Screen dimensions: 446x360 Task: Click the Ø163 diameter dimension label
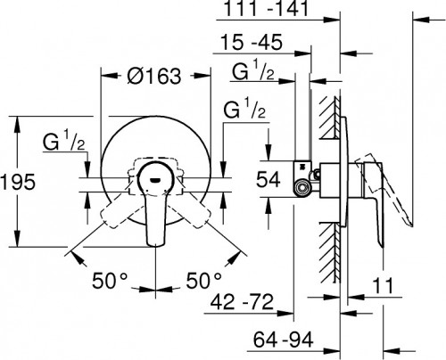153,77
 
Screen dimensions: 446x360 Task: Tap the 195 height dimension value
19,182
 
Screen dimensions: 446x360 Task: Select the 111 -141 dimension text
266,9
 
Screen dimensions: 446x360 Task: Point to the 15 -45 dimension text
252,42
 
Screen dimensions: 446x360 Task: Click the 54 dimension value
268,179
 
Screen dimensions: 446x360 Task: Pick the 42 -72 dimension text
242,302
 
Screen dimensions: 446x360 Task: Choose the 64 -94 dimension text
284,340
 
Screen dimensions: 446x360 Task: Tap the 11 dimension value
383,286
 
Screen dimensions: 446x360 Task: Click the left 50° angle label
110,281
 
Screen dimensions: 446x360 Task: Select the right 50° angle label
204,281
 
